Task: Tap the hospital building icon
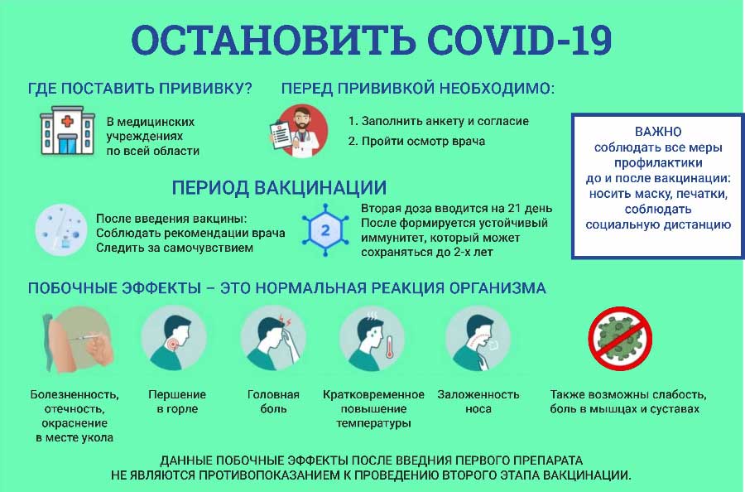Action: pyautogui.click(x=68, y=131)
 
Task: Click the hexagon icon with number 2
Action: pyautogui.click(x=325, y=230)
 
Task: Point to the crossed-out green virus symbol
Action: pyautogui.click(x=620, y=338)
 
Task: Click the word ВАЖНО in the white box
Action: pyautogui.click(x=658, y=132)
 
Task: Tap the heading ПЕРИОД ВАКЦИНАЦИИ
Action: pyautogui.click(x=279, y=188)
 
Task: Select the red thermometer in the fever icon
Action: pyautogui.click(x=389, y=347)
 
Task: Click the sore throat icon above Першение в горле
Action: pyautogui.click(x=174, y=338)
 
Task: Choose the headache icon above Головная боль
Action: pyautogui.click(x=272, y=338)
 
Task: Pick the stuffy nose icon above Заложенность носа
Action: pyautogui.click(x=478, y=338)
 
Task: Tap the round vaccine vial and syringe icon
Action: pyautogui.click(x=61, y=230)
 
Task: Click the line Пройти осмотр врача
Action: pyautogui.click(x=416, y=142)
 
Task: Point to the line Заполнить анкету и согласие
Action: pyautogui.click(x=439, y=121)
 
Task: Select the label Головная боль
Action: pyautogui.click(x=273, y=402)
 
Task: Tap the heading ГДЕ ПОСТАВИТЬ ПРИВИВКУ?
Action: pyautogui.click(x=140, y=89)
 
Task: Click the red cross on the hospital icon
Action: pyautogui.click(x=68, y=121)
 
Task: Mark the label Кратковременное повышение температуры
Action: pyautogui.click(x=373, y=409)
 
